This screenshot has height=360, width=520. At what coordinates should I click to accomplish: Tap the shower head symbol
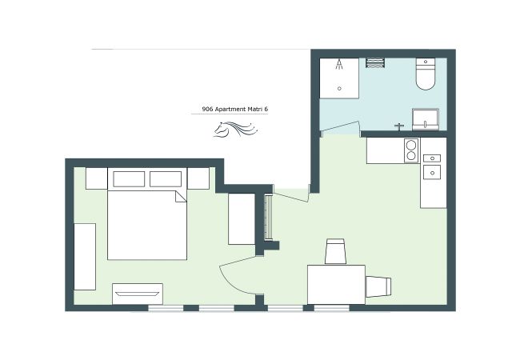pyautogui.click(x=340, y=65)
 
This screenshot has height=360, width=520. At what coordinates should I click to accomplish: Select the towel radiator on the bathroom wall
pyautogui.click(x=376, y=62)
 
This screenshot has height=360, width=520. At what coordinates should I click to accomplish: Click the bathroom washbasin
pyautogui.click(x=425, y=120)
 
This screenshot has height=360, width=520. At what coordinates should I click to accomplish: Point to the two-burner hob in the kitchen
pyautogui.click(x=410, y=150)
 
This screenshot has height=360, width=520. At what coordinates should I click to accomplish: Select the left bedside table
pyautogui.click(x=96, y=178)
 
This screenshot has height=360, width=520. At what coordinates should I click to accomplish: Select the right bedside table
pyautogui.click(x=198, y=178)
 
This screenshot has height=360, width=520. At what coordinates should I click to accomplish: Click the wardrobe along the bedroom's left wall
pyautogui.click(x=85, y=256)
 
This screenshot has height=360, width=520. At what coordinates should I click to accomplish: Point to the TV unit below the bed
pyautogui.click(x=137, y=294)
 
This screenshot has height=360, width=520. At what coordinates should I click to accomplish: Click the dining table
pyautogui.click(x=336, y=284)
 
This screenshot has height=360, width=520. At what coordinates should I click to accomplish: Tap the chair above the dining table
pyautogui.click(x=335, y=251)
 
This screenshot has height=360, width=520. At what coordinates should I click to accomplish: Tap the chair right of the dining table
pyautogui.click(x=379, y=286)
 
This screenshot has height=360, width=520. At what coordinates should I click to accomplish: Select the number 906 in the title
pyautogui.click(x=207, y=110)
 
